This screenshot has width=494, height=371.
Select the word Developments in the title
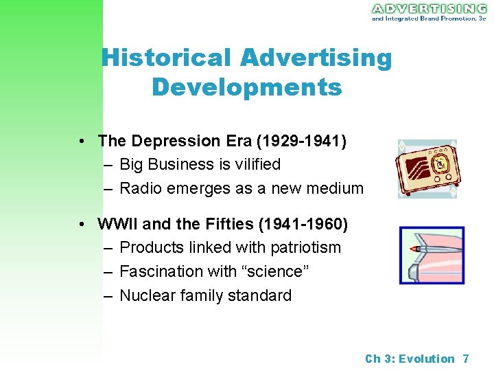click(x=246, y=87)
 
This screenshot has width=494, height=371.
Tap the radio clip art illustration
click(x=427, y=169)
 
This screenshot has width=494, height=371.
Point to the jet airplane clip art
click(x=432, y=255)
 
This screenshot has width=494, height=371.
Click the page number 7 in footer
click(x=466, y=359)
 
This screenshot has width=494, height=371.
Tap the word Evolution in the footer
click(x=427, y=359)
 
